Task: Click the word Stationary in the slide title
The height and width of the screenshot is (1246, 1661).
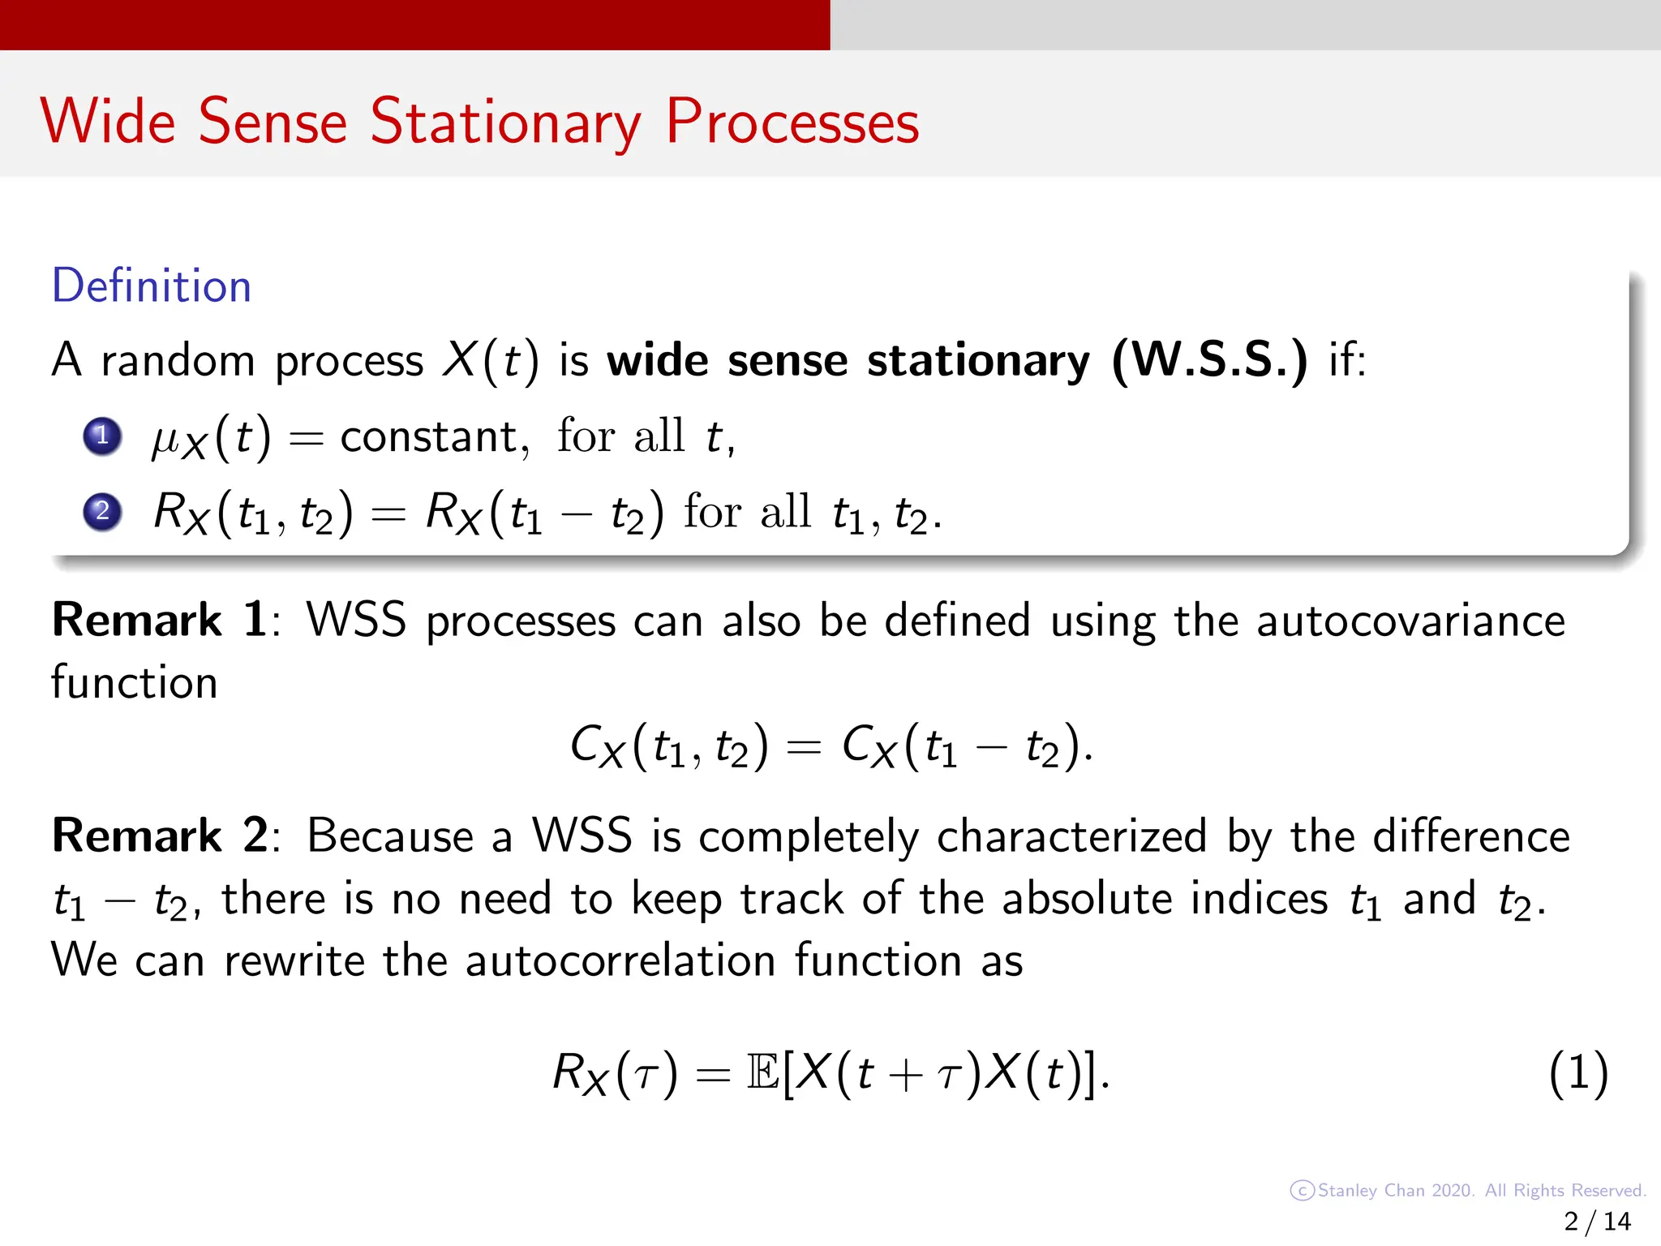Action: pyautogui.click(x=504, y=122)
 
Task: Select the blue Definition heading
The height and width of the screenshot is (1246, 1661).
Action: pyautogui.click(x=152, y=286)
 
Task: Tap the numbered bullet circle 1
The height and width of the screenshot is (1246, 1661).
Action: pyautogui.click(x=102, y=436)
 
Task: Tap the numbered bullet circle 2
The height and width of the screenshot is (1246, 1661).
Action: pyautogui.click(x=102, y=511)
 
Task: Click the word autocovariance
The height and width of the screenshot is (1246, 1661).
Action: pyautogui.click(x=1410, y=622)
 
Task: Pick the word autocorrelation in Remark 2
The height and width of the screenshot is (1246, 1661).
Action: pyautogui.click(x=620, y=960)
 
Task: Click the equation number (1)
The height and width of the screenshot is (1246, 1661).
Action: pyautogui.click(x=1577, y=1073)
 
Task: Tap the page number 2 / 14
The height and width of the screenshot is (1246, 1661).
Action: pyautogui.click(x=1597, y=1222)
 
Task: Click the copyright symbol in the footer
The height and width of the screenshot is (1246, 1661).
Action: pyautogui.click(x=1301, y=1191)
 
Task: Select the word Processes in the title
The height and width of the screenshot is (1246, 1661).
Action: pyautogui.click(x=792, y=122)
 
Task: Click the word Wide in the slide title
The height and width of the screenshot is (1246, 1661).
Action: pyautogui.click(x=108, y=122)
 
